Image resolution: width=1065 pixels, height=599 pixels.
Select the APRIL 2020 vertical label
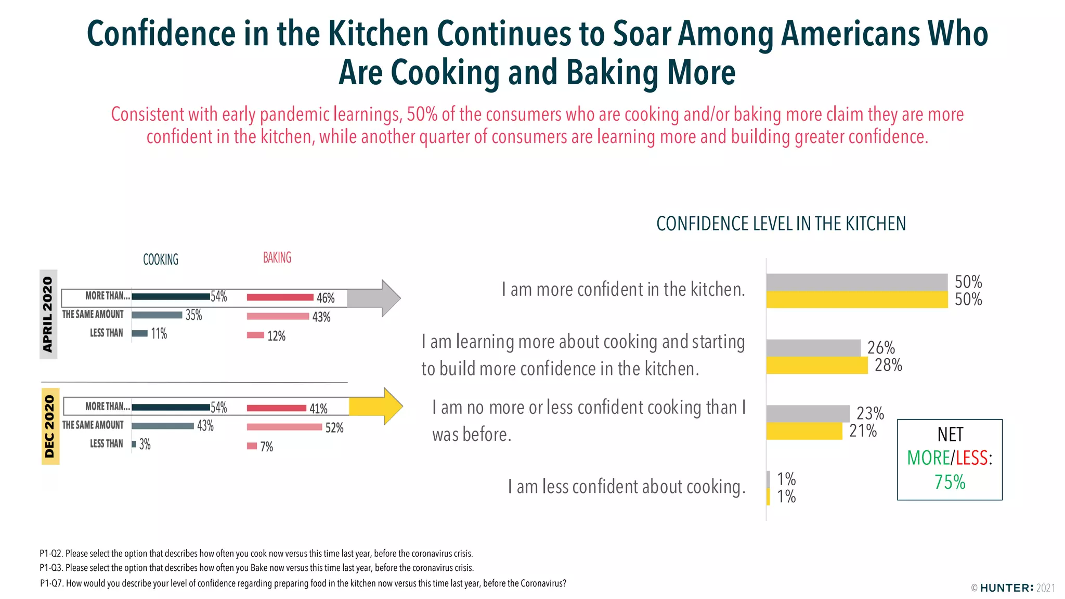tap(48, 314)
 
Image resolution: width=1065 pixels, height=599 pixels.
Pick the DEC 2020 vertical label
tap(49, 426)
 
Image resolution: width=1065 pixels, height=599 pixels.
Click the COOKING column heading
tap(161, 259)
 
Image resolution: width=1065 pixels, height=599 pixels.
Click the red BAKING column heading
tap(277, 257)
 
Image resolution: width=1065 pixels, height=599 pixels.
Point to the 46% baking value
tap(326, 298)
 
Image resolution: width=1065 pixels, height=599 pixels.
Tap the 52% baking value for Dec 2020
tap(334, 428)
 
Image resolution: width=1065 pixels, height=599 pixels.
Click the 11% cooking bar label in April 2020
tap(159, 334)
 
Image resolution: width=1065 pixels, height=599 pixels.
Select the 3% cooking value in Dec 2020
tap(145, 445)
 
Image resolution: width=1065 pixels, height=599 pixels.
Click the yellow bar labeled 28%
tap(816, 365)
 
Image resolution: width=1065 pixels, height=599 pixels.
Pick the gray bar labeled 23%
tap(808, 413)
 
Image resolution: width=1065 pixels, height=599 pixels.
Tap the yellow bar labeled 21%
tap(803, 431)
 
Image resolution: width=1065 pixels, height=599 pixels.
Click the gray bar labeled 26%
tap(813, 347)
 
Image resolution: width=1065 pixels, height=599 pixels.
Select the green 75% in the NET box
tap(950, 482)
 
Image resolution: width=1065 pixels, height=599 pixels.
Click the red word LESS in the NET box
tap(971, 458)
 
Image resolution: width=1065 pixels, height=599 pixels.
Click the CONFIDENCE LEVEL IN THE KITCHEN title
tap(781, 224)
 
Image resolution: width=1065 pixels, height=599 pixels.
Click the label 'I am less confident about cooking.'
tap(626, 487)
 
